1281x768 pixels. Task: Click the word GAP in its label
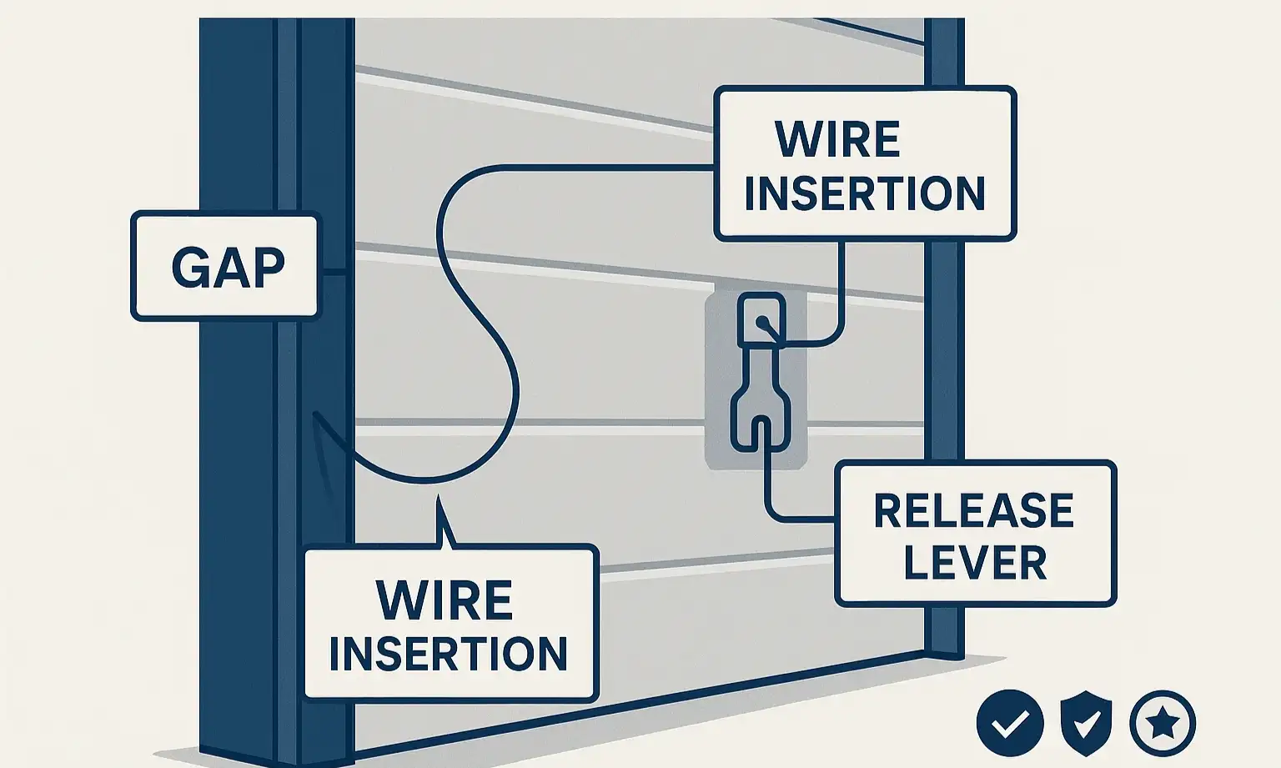coord(228,267)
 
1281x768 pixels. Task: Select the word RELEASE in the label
coord(973,510)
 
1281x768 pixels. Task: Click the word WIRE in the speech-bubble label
coord(444,600)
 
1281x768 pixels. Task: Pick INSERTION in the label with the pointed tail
coord(449,653)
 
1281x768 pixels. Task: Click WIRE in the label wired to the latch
coord(838,139)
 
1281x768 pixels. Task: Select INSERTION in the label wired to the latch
coord(865,193)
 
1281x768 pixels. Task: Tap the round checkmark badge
coord(1010,723)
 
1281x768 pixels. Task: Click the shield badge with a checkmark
coord(1086,723)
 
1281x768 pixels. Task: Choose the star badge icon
coord(1162,723)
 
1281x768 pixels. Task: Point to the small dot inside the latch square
coord(761,323)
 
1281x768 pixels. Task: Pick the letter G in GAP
coord(188,267)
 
